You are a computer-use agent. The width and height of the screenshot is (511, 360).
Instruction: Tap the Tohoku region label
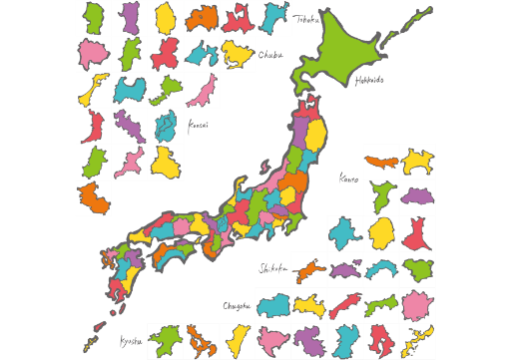click(304, 17)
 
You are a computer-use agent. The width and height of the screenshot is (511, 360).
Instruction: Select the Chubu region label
click(268, 55)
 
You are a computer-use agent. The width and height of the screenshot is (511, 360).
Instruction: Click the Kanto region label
click(349, 180)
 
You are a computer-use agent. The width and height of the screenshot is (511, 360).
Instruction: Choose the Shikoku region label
click(273, 269)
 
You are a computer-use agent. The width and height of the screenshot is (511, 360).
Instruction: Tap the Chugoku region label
click(238, 304)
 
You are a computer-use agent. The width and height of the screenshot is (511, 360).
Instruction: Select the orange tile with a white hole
click(201, 341)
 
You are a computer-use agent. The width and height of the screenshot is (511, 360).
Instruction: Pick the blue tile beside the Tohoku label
click(273, 17)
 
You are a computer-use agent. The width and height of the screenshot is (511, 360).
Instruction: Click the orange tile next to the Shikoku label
click(310, 269)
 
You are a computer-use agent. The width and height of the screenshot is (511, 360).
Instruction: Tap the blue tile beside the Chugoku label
click(273, 304)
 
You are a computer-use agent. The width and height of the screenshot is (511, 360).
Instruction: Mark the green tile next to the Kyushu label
click(165, 341)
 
